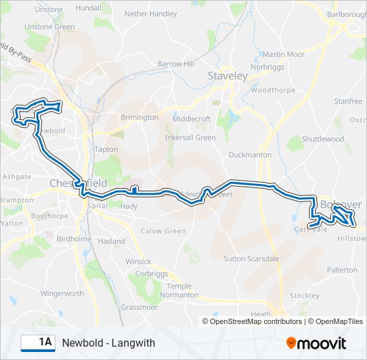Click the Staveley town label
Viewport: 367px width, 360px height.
click(228, 76)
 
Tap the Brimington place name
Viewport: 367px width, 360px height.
click(139, 117)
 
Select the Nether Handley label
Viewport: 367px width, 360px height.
click(151, 13)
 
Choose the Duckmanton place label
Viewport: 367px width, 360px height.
click(250, 155)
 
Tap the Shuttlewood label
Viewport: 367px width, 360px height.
click(322, 139)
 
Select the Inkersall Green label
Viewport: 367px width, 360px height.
click(190, 138)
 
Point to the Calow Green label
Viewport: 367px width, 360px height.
click(163, 231)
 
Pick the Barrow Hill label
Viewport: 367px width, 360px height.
click(175, 64)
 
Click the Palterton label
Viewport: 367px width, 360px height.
click(342, 270)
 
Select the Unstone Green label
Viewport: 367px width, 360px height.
click(50, 27)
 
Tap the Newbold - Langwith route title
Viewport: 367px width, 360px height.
click(108, 343)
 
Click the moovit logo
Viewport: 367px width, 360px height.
click(316, 343)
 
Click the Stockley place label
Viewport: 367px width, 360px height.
click(304, 295)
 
